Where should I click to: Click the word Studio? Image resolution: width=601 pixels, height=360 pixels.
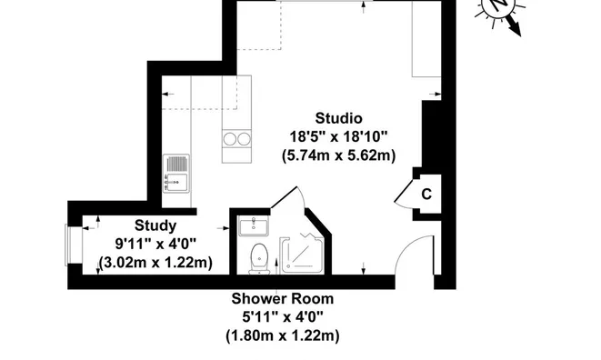click(338, 118)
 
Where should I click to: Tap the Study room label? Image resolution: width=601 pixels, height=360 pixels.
click(155, 225)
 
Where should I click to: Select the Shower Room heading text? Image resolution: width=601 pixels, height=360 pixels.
click(283, 299)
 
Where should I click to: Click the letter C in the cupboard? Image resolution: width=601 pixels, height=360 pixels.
click(426, 195)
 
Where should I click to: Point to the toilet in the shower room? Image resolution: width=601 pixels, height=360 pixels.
click(259, 259)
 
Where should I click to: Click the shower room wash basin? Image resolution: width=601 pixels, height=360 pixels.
click(254, 225)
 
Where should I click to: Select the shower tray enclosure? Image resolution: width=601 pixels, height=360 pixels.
click(301, 255)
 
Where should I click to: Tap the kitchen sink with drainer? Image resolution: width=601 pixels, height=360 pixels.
click(176, 174)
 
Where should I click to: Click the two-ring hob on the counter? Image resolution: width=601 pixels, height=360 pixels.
click(237, 139)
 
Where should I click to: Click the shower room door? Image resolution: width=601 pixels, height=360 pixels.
click(284, 197)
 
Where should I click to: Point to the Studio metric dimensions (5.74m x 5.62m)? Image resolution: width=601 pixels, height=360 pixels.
click(338, 156)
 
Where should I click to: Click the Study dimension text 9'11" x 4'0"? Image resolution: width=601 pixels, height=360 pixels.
click(155, 244)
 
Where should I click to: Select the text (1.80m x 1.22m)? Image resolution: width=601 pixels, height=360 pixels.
click(283, 336)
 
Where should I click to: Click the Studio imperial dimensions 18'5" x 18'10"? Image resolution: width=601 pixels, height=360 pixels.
click(338, 136)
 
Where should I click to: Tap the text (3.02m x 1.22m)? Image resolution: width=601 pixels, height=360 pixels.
click(155, 263)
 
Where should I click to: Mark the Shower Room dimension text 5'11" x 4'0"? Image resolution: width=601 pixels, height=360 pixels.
click(283, 317)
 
